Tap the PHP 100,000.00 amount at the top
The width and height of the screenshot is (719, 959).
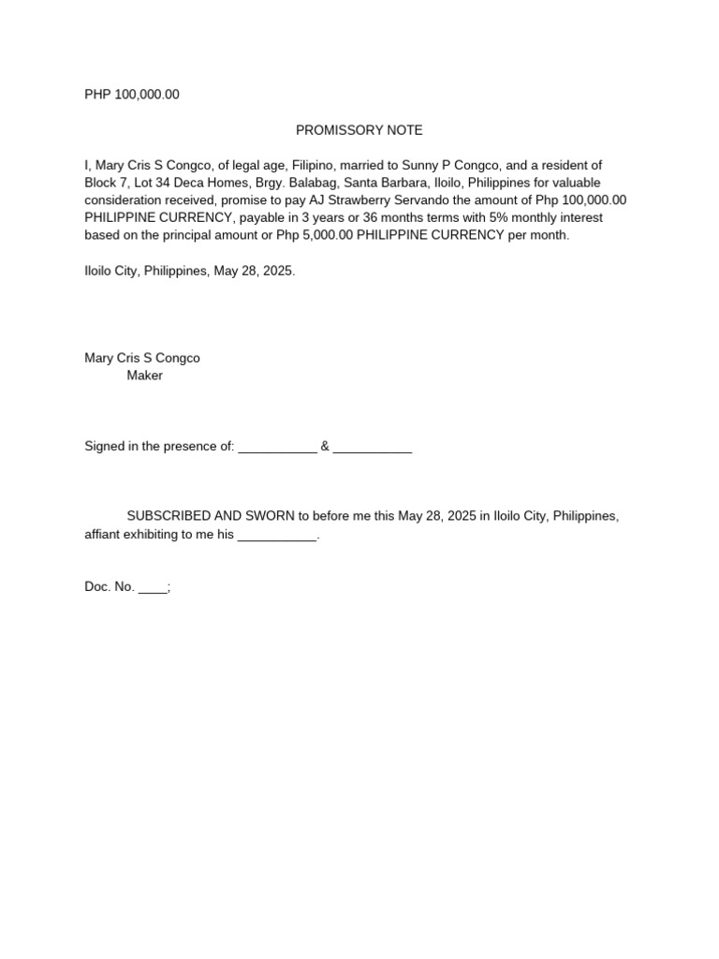click(132, 95)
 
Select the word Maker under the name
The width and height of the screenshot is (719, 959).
click(144, 376)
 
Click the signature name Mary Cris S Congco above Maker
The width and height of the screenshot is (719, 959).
click(142, 358)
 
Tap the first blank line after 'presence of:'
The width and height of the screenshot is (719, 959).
click(277, 447)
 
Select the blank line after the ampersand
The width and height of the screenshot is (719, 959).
click(373, 447)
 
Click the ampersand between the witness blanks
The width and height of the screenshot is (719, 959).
click(325, 447)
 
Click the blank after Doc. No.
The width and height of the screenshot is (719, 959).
click(153, 588)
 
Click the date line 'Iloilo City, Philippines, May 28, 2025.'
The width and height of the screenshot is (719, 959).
click(190, 271)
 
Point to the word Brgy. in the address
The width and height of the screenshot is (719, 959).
click(265, 183)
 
